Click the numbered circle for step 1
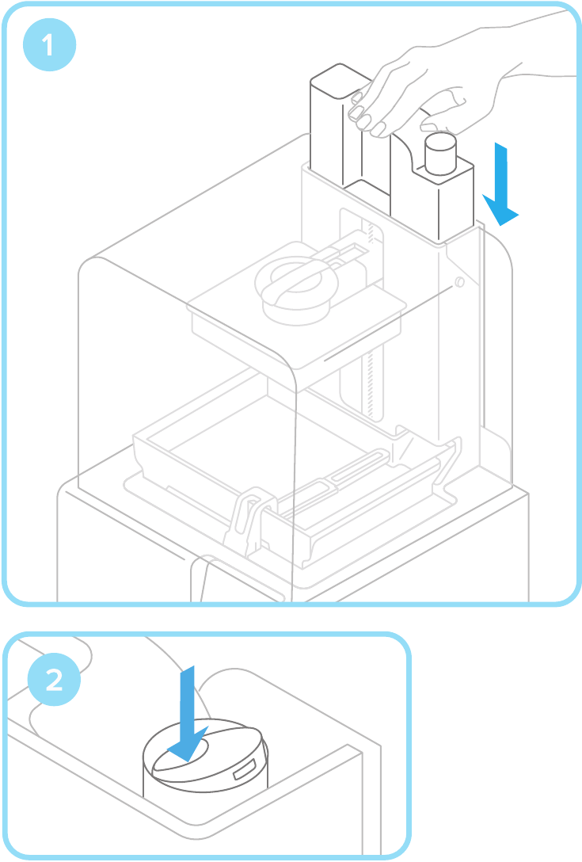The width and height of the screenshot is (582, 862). point(49,45)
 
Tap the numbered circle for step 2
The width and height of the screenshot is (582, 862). point(54,680)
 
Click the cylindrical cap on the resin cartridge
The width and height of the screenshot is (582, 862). point(440,153)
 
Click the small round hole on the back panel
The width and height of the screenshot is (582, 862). point(459,283)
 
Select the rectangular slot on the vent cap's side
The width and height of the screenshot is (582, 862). point(243,769)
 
